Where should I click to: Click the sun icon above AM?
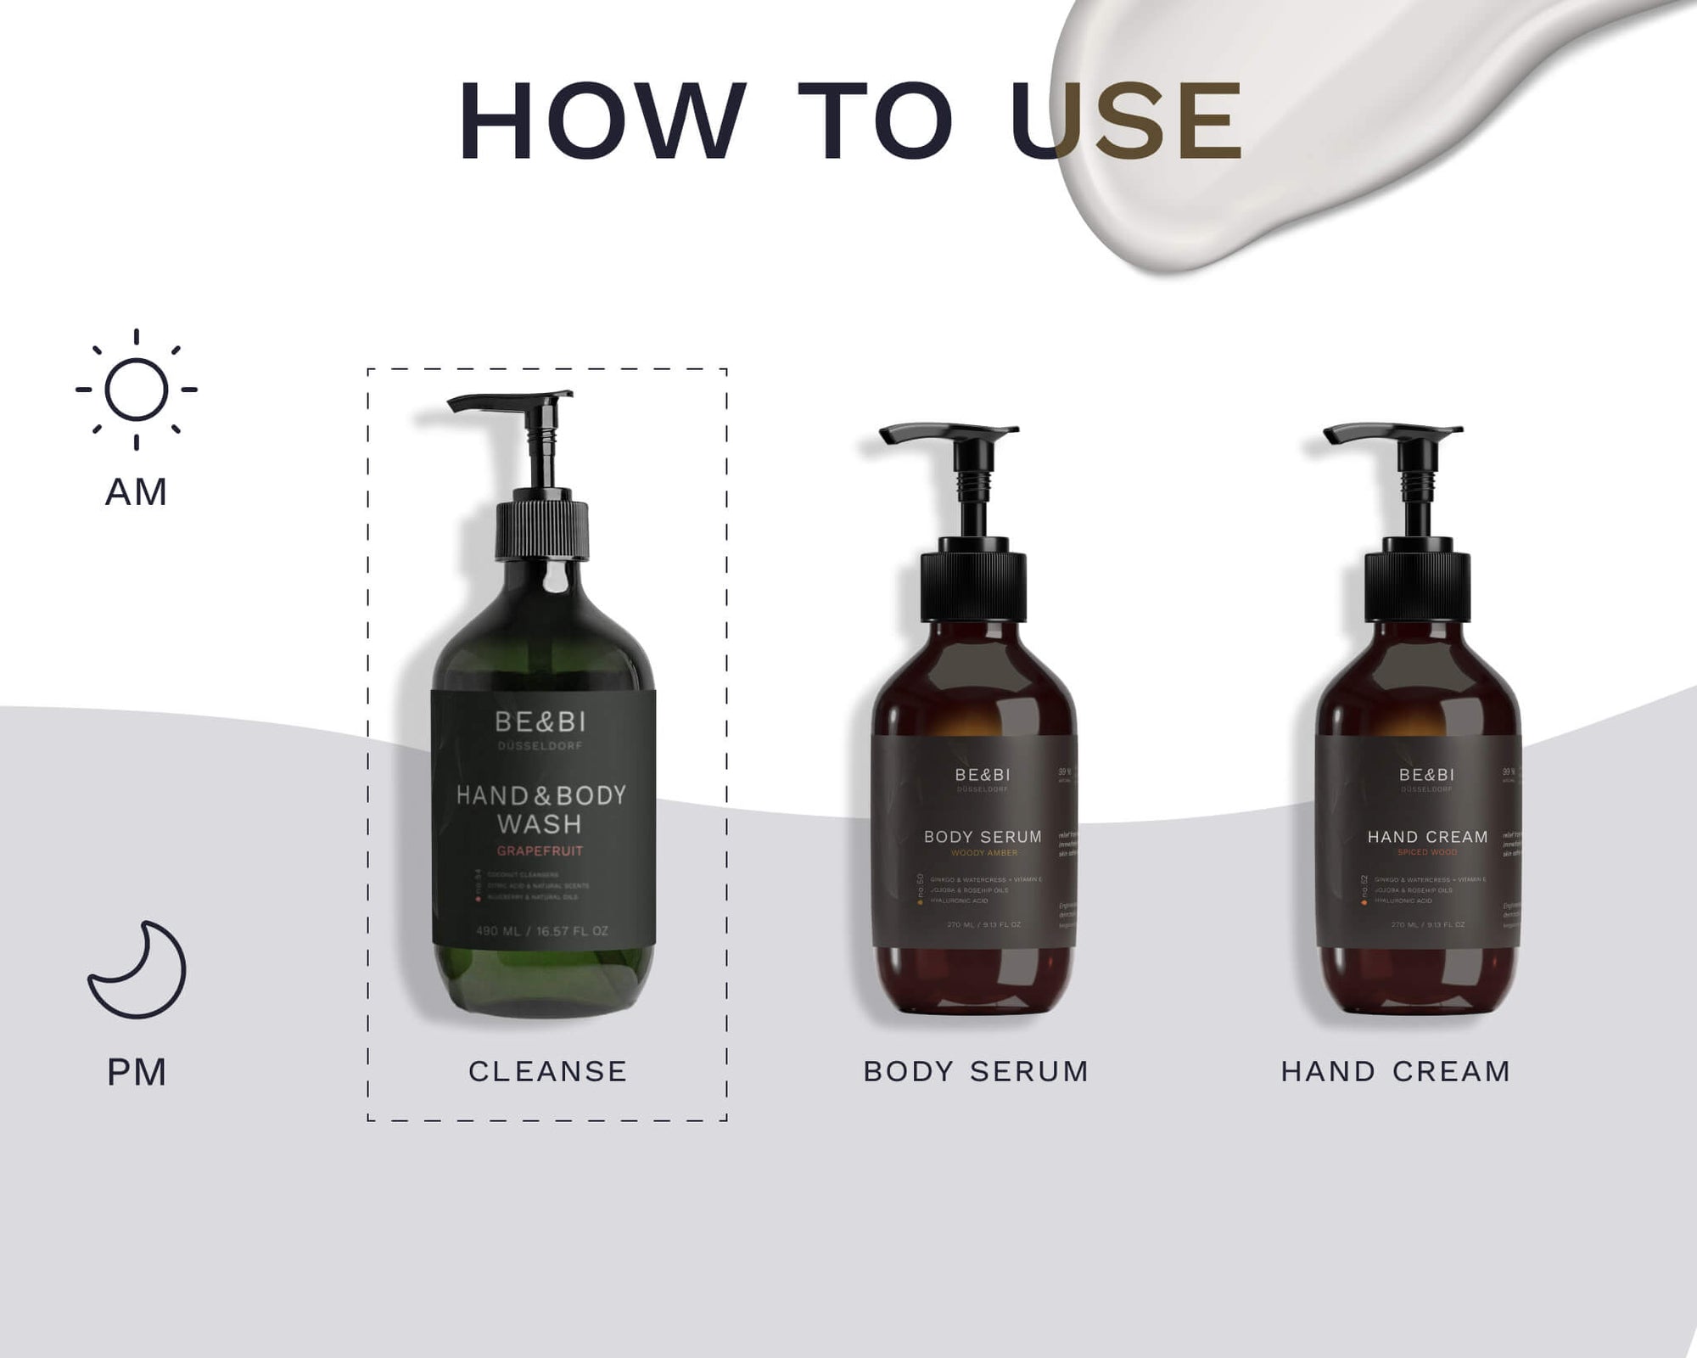click(136, 390)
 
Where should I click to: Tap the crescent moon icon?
click(137, 970)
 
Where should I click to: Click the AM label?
click(136, 492)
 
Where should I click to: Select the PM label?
click(137, 1073)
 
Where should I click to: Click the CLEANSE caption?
click(547, 1071)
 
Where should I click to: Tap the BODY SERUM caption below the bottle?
click(976, 1071)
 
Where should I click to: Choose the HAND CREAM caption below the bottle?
click(1396, 1071)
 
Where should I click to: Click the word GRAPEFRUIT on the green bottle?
click(540, 851)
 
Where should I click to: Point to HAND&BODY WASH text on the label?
click(540, 809)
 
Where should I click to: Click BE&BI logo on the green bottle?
click(540, 722)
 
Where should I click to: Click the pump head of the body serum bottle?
click(949, 435)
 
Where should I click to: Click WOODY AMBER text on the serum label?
click(984, 853)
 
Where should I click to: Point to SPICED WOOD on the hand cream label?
click(1427, 852)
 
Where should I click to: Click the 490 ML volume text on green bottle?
click(541, 931)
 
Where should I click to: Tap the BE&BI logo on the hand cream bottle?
click(1426, 775)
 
